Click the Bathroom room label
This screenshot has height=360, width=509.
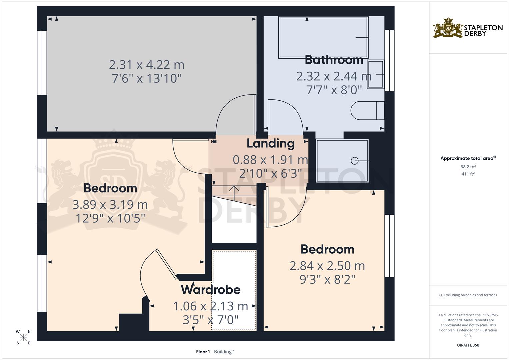[x=334, y=60]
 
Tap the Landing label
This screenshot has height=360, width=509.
[x=270, y=143]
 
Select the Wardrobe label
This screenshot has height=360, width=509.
[x=210, y=289]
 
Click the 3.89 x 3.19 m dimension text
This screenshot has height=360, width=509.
[x=110, y=204]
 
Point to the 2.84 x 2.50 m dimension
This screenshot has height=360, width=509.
[x=327, y=266]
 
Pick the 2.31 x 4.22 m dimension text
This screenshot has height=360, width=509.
[x=147, y=64]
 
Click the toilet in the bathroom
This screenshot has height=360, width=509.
[x=367, y=110]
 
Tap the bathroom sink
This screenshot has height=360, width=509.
[x=376, y=74]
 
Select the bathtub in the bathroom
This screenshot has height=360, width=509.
[x=323, y=38]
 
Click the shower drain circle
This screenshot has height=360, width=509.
[x=354, y=161]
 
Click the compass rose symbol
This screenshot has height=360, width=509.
[x=23, y=337]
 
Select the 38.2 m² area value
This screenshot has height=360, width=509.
[x=468, y=167]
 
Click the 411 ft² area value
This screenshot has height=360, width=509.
[x=468, y=174]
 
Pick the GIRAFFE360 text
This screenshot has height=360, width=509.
[x=468, y=345]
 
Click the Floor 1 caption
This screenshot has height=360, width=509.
[x=203, y=352]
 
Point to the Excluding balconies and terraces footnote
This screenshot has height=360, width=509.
[x=468, y=295]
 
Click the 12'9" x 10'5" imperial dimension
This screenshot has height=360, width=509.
[x=110, y=218]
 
